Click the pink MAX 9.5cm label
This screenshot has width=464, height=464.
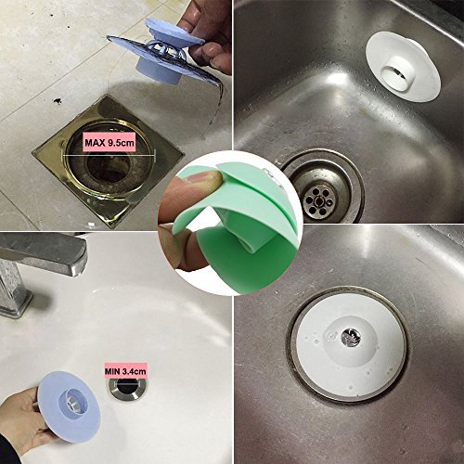[110, 143]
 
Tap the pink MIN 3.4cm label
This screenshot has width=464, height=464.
[125, 371]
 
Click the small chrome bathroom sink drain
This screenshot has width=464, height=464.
[128, 389]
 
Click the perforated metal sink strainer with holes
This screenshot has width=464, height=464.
[318, 200]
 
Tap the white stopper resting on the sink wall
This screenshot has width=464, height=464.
[403, 67]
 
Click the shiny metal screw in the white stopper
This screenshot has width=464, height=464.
[351, 337]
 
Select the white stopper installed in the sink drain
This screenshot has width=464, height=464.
[349, 344]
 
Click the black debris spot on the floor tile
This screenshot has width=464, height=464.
[58, 100]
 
